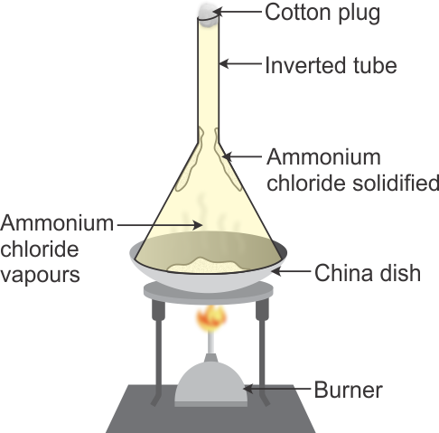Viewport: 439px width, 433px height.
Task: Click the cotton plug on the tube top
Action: point(208,15)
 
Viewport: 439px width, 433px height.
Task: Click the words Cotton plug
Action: point(322,13)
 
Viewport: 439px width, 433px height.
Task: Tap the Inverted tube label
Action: point(331,65)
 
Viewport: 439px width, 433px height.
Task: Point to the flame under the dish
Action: point(211,319)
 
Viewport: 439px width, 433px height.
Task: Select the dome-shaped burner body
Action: point(211,381)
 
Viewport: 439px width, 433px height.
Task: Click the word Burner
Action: point(349,390)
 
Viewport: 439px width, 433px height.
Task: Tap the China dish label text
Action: point(368,273)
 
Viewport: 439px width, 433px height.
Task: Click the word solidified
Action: point(396,183)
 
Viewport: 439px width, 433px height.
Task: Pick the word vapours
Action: point(40,275)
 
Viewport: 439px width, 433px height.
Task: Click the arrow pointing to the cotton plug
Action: point(238,12)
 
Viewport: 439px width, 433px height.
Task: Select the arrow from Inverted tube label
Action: point(240,64)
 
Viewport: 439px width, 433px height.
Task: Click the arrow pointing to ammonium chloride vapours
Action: point(160,225)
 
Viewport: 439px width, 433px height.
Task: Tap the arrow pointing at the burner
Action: point(276,389)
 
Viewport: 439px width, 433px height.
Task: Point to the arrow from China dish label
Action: point(291,271)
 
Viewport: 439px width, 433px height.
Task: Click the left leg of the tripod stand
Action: point(158,353)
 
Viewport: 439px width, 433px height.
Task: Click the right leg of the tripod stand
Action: point(262,353)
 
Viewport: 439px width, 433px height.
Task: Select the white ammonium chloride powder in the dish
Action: point(205,265)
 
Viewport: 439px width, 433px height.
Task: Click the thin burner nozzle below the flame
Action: point(211,343)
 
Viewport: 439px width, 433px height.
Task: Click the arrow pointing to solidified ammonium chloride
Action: point(242,156)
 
